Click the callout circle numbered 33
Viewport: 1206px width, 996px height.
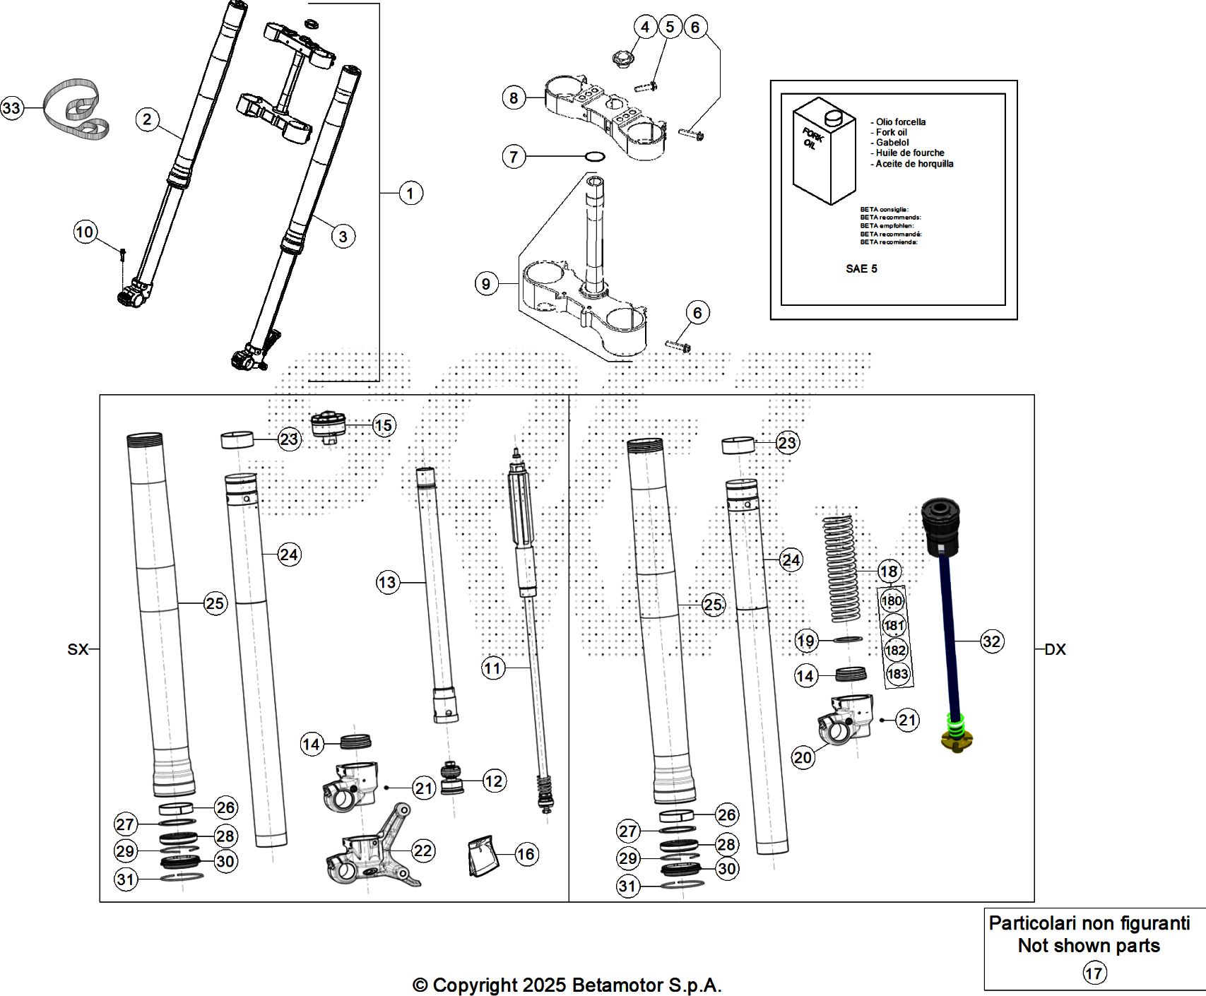pos(11,108)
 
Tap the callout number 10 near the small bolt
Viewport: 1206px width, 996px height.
pos(85,232)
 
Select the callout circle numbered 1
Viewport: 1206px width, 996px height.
pos(410,193)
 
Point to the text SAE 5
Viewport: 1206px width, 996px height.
pos(861,268)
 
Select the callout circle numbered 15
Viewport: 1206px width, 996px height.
pos(383,425)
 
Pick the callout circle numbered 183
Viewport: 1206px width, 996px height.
pos(897,673)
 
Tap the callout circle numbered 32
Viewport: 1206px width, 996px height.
pos(991,641)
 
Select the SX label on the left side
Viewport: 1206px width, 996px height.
pos(78,649)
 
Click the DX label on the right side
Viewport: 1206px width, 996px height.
pos(1055,649)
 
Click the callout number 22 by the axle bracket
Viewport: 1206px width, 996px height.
pos(422,850)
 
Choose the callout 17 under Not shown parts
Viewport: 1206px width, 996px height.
pos(1094,973)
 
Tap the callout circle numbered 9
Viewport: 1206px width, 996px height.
pos(486,284)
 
